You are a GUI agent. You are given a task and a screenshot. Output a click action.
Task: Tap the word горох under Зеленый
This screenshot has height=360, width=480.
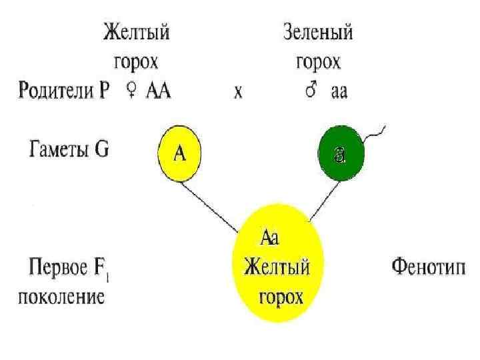(318, 63)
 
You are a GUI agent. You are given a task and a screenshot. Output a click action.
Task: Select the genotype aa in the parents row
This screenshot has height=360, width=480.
(339, 92)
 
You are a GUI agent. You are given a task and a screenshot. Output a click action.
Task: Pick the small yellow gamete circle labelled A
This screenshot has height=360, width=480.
(179, 153)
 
